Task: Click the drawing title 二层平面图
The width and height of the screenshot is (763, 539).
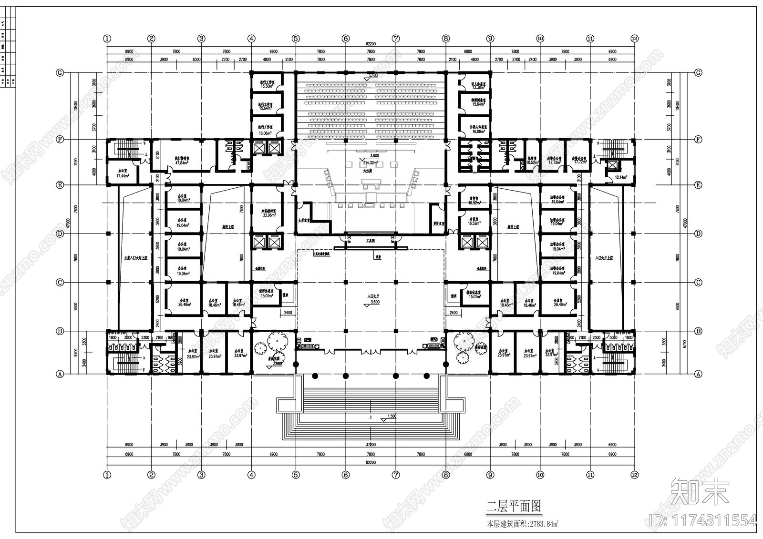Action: tap(513, 506)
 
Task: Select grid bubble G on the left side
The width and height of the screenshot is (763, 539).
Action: tap(60, 73)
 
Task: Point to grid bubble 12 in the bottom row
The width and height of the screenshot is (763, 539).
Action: tap(634, 475)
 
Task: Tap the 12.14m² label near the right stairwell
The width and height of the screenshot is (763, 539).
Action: tap(621, 177)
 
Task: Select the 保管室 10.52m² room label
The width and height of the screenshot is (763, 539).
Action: tap(532, 161)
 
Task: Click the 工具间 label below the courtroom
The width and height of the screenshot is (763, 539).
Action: tap(371, 241)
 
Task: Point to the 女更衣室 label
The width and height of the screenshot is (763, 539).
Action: tap(304, 221)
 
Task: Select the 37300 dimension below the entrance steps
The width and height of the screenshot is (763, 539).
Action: tap(371, 445)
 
